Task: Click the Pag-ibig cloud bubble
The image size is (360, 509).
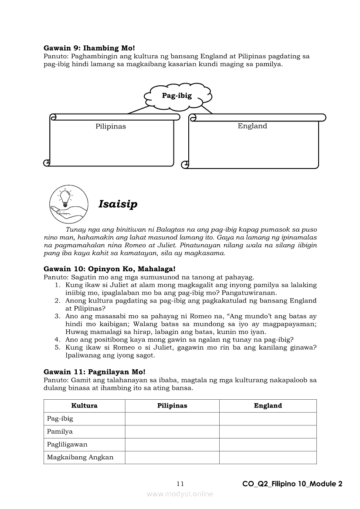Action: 177,96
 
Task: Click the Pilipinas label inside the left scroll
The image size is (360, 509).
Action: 111,126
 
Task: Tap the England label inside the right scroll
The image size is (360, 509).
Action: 252,126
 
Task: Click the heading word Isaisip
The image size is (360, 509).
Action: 118,204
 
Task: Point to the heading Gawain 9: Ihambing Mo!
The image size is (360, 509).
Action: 89,48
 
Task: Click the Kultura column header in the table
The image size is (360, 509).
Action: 84,405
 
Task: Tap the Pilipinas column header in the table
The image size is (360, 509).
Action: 172,405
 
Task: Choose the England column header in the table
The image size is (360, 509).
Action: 268,405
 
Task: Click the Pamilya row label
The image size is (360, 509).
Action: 60,431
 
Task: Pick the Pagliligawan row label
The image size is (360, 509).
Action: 67,445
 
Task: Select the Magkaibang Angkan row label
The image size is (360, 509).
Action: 80,457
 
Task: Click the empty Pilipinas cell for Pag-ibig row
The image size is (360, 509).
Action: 172,418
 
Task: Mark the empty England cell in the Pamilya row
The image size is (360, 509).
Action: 268,431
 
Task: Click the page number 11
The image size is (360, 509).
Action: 180,484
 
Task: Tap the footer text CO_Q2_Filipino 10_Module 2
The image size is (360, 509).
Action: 292,484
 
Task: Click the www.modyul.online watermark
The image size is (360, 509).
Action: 180,494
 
